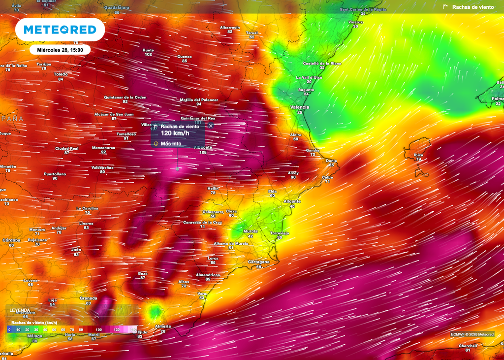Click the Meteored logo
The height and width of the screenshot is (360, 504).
60,30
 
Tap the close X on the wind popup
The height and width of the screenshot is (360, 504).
211,126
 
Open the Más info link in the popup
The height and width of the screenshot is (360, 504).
171,144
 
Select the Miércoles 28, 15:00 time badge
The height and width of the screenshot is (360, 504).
60,50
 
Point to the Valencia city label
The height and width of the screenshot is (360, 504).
300,107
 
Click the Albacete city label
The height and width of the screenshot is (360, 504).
203,147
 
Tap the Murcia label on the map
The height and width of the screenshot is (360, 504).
251,231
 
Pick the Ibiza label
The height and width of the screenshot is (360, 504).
418,154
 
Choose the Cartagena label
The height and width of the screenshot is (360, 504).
259,262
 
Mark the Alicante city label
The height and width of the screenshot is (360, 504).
292,201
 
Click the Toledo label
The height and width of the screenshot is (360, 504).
61,74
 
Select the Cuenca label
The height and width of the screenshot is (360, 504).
185,56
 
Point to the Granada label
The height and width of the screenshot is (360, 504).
88,298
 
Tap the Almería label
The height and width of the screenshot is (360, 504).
163,326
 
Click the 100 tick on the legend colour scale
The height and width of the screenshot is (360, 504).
99,329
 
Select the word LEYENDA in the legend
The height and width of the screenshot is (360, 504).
20,311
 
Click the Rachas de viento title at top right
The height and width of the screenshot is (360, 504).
475,7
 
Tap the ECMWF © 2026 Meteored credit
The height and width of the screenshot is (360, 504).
472,334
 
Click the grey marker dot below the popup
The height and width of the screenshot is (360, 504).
178,168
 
